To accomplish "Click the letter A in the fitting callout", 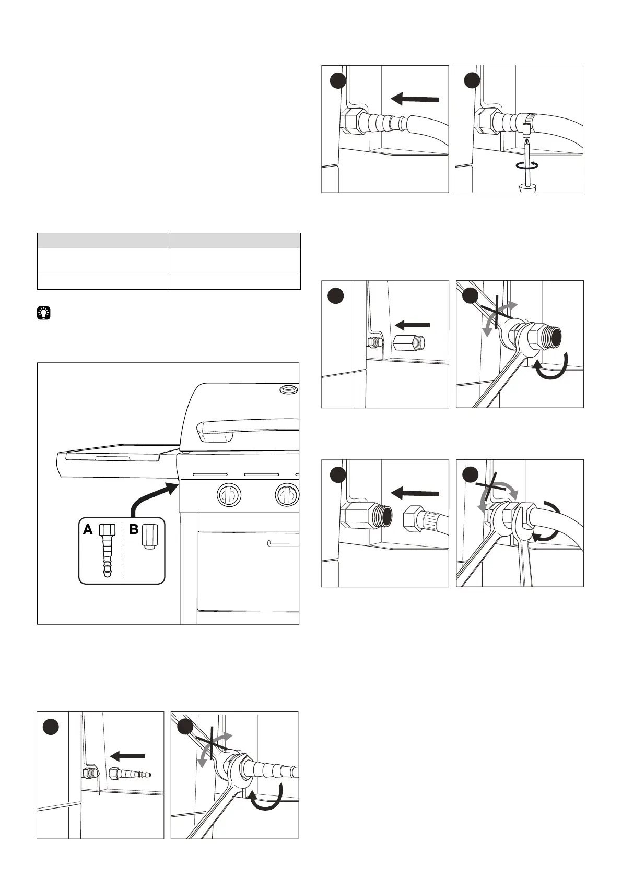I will [x=88, y=530].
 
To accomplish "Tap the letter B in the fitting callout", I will [x=134, y=530].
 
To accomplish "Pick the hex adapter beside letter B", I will [x=149, y=536].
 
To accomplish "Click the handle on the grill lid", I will [x=245, y=430].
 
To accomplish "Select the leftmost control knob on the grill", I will [x=228, y=494].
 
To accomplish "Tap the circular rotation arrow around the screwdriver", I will [x=527, y=165].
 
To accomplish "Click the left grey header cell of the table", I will [x=103, y=241].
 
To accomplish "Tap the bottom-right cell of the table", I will [x=234, y=282].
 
